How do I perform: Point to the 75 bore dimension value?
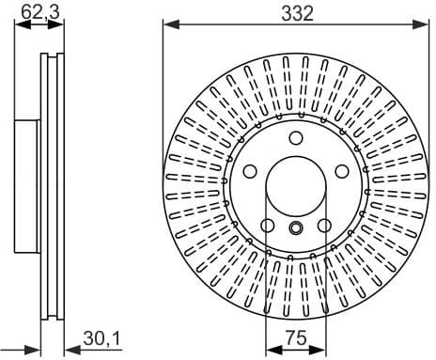point(296,337)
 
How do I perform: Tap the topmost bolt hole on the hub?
point(295,138)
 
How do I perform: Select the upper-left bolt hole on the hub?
point(251,171)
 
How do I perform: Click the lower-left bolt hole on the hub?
point(268,225)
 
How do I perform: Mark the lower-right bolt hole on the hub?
point(322,225)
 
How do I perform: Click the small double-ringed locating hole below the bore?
point(295,227)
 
